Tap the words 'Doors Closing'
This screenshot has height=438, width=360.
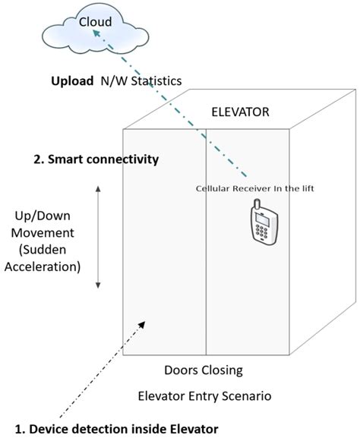[204, 371]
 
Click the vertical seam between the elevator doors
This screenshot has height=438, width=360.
[206, 243]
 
